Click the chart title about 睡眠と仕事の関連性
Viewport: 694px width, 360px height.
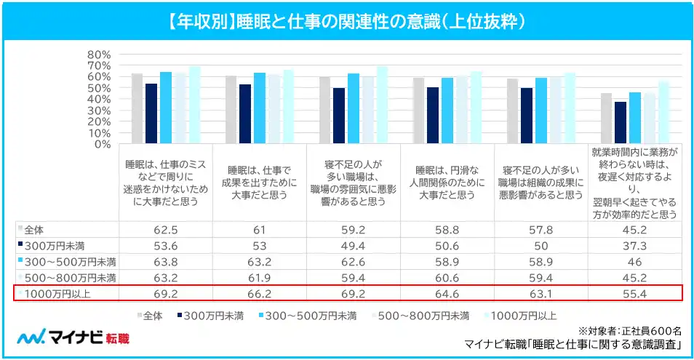pos(346,21)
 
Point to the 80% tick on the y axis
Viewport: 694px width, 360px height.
pos(97,55)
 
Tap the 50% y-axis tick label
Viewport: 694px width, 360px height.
pos(97,88)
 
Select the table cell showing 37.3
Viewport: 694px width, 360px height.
pos(635,244)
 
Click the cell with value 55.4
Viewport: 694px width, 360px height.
pos(635,293)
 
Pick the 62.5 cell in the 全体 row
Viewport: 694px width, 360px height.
pos(166,228)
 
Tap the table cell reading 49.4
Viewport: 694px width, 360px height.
pos(354,244)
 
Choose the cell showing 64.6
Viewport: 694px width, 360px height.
pos(447,293)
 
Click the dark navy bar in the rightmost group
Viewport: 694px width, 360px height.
pos(621,122)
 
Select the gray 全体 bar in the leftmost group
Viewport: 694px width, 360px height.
pos(137,108)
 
